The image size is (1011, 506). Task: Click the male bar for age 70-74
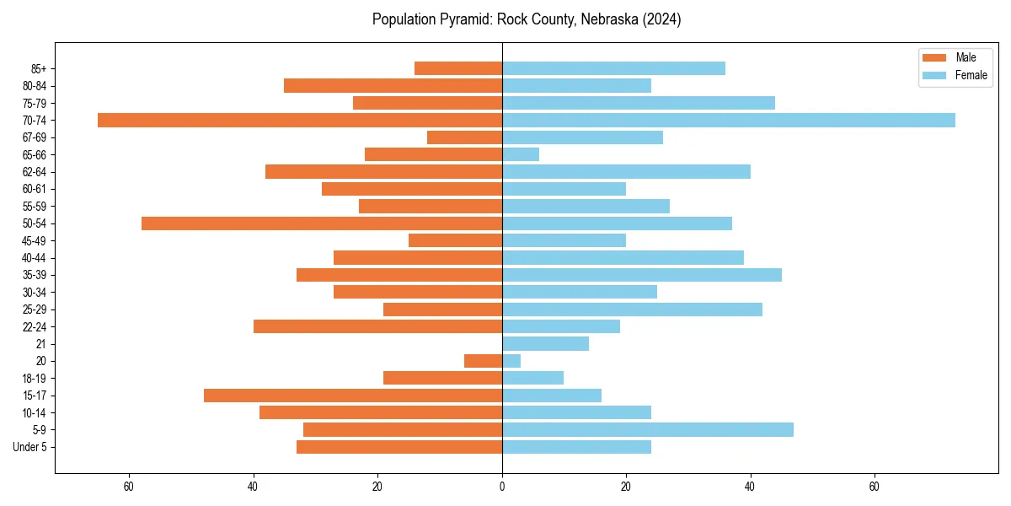300,120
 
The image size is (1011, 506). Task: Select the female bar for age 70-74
729,120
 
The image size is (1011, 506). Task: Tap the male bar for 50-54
322,223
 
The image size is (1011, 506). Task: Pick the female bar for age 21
545,343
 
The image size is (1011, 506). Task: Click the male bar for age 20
483,361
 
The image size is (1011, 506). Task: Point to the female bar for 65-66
521,154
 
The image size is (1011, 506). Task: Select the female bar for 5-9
648,430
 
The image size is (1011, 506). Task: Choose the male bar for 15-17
353,396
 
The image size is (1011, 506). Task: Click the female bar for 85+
613,68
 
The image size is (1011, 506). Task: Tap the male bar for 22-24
377,326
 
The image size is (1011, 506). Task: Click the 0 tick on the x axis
502,487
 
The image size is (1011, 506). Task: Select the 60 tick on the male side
129,487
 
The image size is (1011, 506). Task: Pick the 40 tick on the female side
751,487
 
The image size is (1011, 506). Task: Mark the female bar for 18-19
532,378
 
